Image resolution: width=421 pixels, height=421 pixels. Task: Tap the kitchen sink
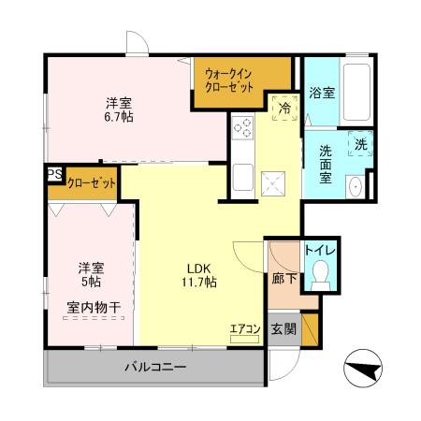click(x=241, y=175)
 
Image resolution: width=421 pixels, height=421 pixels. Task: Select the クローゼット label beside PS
click(x=91, y=182)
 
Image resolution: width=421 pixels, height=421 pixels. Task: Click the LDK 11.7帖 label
click(x=198, y=272)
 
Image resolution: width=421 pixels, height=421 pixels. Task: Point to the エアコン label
click(x=244, y=328)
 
